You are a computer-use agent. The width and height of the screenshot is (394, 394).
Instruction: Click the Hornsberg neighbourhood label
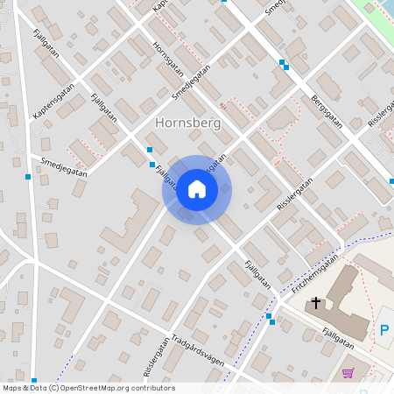pos(187,123)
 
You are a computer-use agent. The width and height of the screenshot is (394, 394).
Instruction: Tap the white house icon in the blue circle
pos(197,189)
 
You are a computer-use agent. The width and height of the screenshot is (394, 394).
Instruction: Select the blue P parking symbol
pos(383,331)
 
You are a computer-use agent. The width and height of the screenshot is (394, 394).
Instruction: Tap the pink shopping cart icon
pos(348,373)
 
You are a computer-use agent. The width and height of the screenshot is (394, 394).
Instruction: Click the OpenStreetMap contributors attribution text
pos(88,388)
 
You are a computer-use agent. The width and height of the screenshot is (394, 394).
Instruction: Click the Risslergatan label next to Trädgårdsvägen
pos(155,355)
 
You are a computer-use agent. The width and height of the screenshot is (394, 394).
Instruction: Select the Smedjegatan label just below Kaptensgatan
pos(64,166)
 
